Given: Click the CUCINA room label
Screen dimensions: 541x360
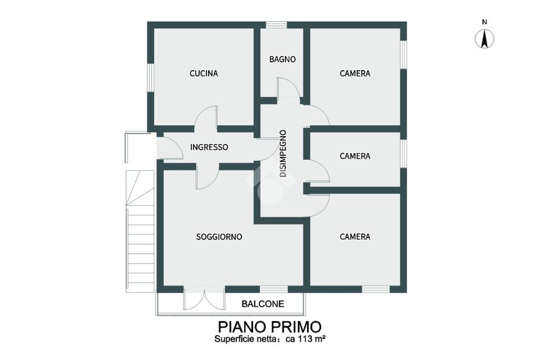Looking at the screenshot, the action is click(203, 73).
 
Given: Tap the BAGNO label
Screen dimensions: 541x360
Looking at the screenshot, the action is click(282, 59).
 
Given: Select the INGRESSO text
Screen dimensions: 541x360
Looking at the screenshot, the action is click(209, 147).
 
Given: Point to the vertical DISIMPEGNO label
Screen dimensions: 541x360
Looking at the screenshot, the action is click(283, 154).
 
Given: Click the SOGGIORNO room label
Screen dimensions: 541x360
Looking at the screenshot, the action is click(219, 237).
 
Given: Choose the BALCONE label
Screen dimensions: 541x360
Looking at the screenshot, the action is click(263, 304).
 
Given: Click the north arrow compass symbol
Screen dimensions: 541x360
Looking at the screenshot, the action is click(484, 39).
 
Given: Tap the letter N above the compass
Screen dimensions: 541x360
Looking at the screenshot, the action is click(484, 22).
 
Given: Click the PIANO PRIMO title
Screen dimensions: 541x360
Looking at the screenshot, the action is click(270, 326).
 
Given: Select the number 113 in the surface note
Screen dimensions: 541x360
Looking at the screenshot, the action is click(304, 339).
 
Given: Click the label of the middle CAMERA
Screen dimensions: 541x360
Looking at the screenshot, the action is click(355, 156).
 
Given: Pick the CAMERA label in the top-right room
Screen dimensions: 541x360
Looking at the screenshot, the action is click(355, 73).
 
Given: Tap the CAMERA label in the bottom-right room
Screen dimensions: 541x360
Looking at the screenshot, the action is click(355, 237).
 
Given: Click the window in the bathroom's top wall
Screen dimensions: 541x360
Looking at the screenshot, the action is click(276, 25).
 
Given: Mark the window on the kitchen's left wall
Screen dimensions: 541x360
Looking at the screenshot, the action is click(151, 78).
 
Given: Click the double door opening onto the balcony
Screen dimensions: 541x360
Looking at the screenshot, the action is click(204, 299).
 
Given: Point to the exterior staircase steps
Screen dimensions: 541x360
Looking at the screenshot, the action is click(139, 231).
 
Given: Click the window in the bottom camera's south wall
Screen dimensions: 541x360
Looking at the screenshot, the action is click(376, 289).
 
